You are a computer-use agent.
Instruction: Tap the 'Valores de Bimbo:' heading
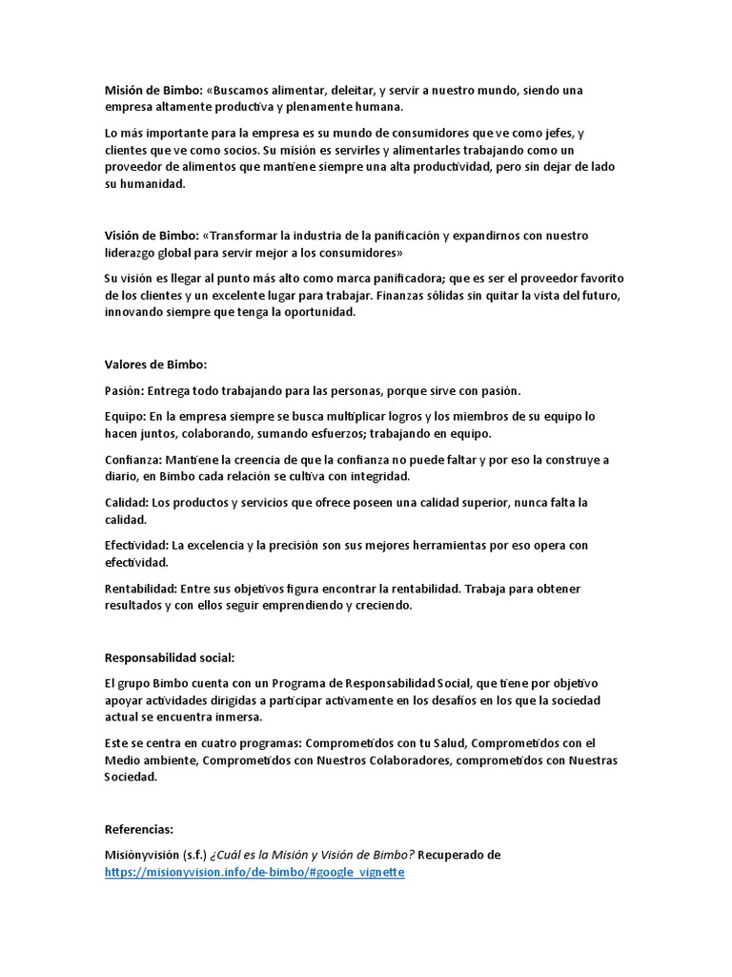click(154, 364)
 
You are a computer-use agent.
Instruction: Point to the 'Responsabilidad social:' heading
click(169, 657)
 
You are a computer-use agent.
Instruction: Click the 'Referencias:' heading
click(138, 829)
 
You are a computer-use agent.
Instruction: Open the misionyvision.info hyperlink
click(254, 872)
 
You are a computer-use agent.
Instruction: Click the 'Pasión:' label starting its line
click(124, 391)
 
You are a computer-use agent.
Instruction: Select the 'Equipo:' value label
click(124, 417)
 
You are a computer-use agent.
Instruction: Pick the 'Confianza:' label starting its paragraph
click(132, 460)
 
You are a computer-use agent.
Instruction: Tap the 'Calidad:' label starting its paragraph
click(127, 503)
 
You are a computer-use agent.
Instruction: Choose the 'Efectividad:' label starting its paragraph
click(136, 546)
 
